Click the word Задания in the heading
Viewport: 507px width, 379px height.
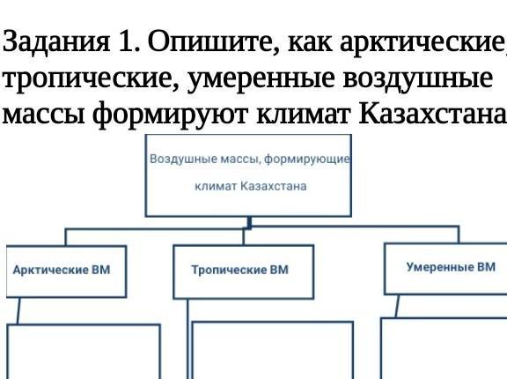point(56,41)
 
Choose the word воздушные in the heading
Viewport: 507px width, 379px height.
point(418,78)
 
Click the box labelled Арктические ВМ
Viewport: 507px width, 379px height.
point(66,271)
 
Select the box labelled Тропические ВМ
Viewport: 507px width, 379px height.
point(244,271)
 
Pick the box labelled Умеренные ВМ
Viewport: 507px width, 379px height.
point(445,269)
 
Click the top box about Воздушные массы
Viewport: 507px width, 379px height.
point(248,175)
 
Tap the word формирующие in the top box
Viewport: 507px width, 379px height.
point(307,160)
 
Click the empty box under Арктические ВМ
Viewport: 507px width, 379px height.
point(84,352)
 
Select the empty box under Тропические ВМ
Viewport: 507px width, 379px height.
point(273,350)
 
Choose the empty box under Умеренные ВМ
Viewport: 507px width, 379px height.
point(444,348)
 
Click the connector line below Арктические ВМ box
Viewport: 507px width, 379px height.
point(18,311)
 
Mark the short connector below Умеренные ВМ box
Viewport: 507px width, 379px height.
point(397,306)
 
